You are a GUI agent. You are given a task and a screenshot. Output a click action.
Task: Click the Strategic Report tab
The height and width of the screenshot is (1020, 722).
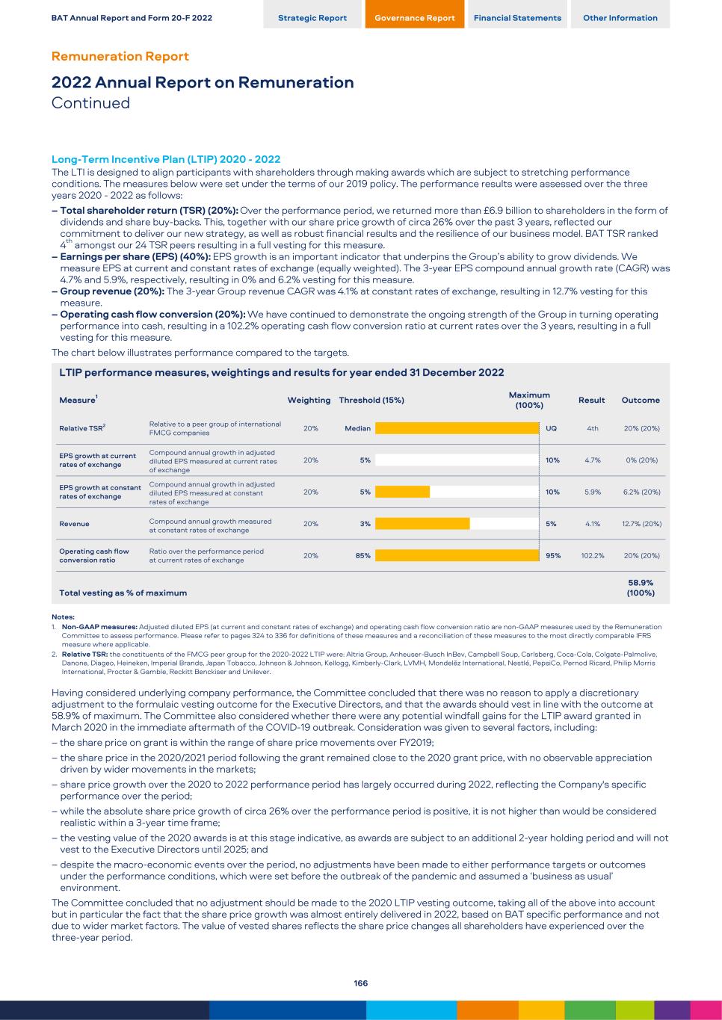(x=312, y=18)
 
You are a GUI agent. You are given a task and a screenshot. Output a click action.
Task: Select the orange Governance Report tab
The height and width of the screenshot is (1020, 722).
(x=415, y=18)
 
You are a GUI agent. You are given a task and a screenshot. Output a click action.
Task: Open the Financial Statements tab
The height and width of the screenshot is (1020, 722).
(x=517, y=18)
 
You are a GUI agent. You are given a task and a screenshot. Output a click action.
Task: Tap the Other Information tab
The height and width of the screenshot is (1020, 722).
(x=620, y=18)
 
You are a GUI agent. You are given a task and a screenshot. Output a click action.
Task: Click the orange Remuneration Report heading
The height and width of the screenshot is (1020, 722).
(x=120, y=57)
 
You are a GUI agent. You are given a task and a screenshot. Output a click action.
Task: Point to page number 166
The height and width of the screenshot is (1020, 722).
(x=361, y=983)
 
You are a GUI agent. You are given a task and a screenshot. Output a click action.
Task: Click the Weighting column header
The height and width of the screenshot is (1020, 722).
(x=309, y=401)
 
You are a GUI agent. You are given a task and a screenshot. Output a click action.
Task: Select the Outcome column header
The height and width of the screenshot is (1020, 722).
(x=641, y=401)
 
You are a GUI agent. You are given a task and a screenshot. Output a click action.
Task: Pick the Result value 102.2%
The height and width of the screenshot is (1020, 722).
(x=593, y=556)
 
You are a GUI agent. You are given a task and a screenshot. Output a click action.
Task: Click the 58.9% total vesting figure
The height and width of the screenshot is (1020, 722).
(x=641, y=583)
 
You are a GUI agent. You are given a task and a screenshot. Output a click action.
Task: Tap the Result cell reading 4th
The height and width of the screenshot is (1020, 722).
(x=593, y=429)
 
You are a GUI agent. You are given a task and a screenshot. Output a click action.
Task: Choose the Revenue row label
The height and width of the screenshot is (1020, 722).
(x=74, y=524)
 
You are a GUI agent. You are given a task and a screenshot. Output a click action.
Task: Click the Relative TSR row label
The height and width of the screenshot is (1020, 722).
(x=82, y=429)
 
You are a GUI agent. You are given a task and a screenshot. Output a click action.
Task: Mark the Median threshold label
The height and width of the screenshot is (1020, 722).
(x=358, y=429)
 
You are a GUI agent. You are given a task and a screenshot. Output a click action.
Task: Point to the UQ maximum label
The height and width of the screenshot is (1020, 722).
(x=551, y=429)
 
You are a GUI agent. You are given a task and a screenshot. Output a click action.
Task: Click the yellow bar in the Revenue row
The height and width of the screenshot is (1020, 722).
(x=422, y=524)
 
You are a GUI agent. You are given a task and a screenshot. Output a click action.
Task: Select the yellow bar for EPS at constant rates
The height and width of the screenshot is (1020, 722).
(x=402, y=492)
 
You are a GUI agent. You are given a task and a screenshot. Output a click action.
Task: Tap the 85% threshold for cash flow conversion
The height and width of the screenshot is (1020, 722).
(x=362, y=556)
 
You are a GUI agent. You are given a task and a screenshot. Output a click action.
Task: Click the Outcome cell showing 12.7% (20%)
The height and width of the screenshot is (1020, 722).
(x=641, y=524)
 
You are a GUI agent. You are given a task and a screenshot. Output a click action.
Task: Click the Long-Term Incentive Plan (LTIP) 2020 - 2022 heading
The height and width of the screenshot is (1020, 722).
(x=166, y=159)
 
